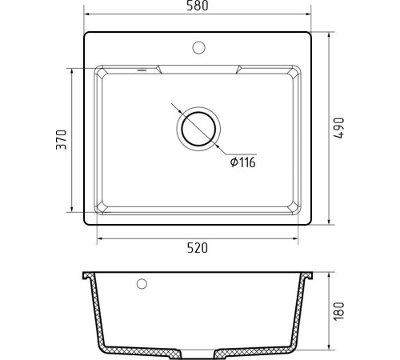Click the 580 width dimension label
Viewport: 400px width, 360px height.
click(198, 6)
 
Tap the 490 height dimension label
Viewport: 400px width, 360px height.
click(339, 128)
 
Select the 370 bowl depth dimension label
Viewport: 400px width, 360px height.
click(62, 140)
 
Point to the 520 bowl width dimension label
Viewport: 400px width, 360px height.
click(198, 248)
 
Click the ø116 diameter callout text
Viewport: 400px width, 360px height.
click(243, 162)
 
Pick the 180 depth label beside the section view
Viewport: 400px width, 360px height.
click(339, 311)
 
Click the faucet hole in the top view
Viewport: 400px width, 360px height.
click(198, 48)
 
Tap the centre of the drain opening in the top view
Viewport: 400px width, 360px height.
click(198, 129)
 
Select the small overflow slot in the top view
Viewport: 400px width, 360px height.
click(142, 70)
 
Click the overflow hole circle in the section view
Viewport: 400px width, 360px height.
click(142, 284)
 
